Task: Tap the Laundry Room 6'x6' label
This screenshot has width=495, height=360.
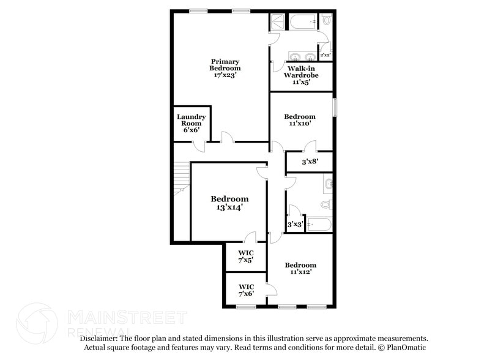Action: coord(191,122)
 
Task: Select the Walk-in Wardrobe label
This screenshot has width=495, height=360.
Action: coord(300,75)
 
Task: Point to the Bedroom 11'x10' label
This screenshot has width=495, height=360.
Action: coord(300,119)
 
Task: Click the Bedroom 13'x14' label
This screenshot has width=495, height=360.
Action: coord(229,203)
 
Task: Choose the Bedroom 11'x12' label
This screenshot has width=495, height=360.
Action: coord(300,268)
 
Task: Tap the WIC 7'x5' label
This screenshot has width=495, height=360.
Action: coord(246,257)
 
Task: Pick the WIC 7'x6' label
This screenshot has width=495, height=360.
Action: coord(246,290)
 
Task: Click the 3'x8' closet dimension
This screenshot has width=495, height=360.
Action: coord(310,162)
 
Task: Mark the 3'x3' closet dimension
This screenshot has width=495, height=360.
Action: coord(296,224)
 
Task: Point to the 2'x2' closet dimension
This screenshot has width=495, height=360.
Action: coord(324,55)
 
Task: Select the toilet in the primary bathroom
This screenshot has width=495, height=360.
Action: coord(326,20)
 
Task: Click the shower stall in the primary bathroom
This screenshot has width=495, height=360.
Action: coord(277,21)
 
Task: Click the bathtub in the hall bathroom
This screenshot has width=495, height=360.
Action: coord(319,225)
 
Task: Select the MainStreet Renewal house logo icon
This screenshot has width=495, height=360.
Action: coord(37,323)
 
